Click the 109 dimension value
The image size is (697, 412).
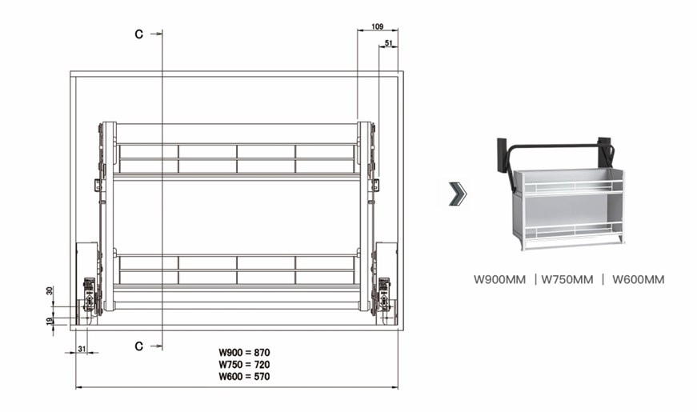pos(377,26)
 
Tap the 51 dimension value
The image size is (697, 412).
pos(388,43)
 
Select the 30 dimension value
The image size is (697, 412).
pos(50,290)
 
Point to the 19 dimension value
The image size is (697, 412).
pos(50,321)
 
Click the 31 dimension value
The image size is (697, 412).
pos(82,350)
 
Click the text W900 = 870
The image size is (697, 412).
pos(244,353)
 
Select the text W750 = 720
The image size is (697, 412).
pos(244,365)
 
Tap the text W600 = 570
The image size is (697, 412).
pos(244,377)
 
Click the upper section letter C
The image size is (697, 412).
pos(139,34)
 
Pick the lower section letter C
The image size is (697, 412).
pos(139,346)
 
